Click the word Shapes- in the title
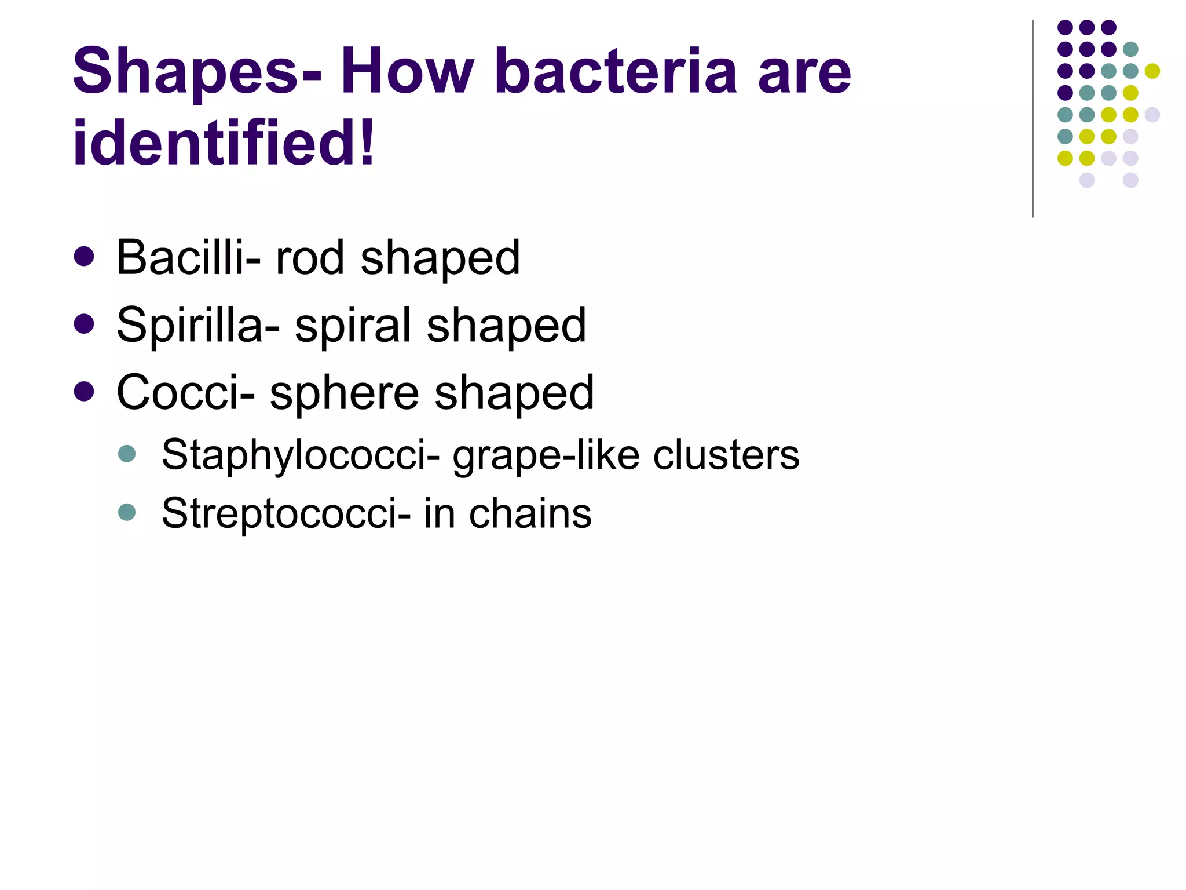coord(196,72)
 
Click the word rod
coord(310,257)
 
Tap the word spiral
coord(353,326)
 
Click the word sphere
coord(344,393)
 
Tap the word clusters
coord(726,454)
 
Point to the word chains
coord(530,513)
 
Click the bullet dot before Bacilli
coord(85,257)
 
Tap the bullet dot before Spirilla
coord(85,324)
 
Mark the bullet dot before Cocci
coord(85,392)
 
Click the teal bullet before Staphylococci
coord(127,453)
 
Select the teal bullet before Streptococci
coord(127,512)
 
